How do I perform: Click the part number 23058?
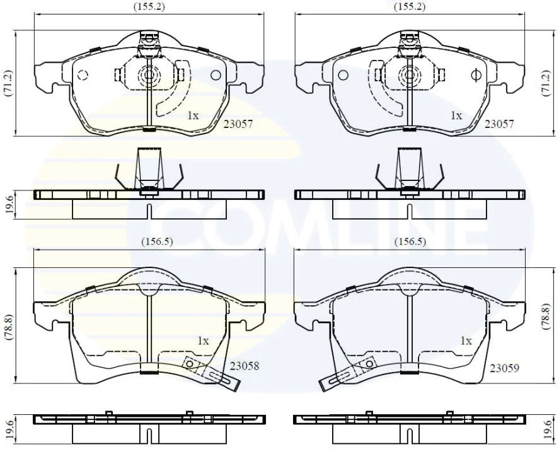(244, 366)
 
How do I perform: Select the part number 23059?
(504, 368)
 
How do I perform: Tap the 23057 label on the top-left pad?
(238, 124)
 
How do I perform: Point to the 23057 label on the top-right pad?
(499, 124)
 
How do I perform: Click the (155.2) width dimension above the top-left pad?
(149, 6)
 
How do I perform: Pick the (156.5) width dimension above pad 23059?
(410, 242)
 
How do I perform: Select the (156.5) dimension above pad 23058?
(157, 242)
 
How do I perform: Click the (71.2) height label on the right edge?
(546, 83)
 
